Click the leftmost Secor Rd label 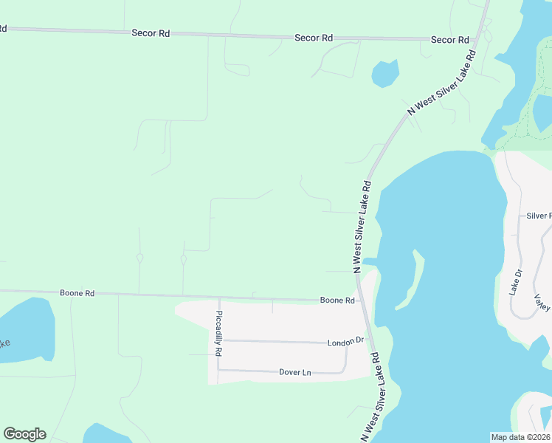(x=150, y=33)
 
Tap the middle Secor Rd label (x=314, y=38)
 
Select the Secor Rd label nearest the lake (x=450, y=40)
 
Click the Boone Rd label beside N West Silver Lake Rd (x=337, y=301)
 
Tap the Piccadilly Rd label (x=218, y=333)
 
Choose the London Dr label (x=346, y=341)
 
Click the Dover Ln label (x=296, y=373)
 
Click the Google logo (x=24, y=434)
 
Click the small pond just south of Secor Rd (x=384, y=73)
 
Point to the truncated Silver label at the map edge (x=538, y=216)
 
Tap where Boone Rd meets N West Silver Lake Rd (x=364, y=301)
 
